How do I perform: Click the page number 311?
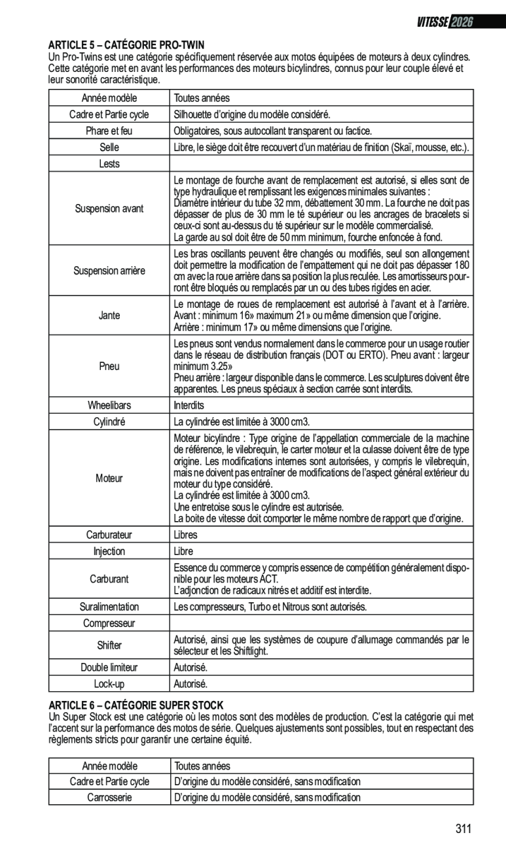click(x=463, y=829)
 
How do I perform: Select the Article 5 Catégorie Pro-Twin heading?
click(x=126, y=45)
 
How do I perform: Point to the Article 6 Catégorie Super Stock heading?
click(x=136, y=705)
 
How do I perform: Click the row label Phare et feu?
click(x=109, y=131)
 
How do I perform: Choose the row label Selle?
click(x=109, y=147)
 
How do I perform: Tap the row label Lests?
click(x=109, y=163)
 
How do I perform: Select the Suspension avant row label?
click(x=109, y=209)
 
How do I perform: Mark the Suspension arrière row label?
click(x=109, y=271)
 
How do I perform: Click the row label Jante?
click(x=109, y=315)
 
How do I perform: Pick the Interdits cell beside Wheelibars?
click(x=189, y=405)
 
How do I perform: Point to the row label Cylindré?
click(x=109, y=422)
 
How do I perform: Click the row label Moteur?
click(x=109, y=478)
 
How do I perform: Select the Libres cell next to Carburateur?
click(x=185, y=535)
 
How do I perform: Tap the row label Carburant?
click(x=109, y=579)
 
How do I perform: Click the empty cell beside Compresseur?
click(x=321, y=623)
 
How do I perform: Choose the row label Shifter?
click(x=109, y=645)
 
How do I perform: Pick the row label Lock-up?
click(x=109, y=684)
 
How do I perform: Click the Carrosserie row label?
click(x=109, y=797)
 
